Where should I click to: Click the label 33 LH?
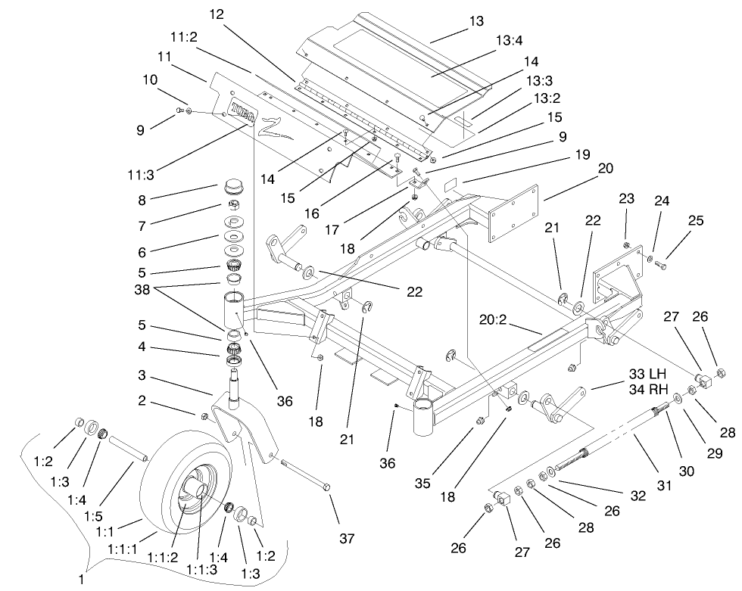point(646,374)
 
